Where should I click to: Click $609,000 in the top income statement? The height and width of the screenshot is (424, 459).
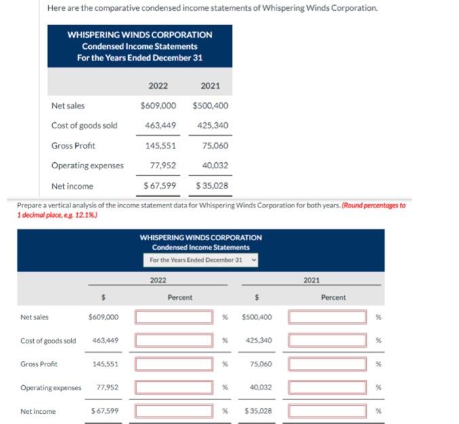coord(158,106)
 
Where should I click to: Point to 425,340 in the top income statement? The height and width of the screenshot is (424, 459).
coord(212,126)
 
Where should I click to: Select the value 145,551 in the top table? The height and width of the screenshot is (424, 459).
coord(161,146)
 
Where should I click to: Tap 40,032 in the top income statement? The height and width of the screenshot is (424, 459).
coord(215,166)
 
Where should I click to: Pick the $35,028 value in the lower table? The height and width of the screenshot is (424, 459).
coord(257,411)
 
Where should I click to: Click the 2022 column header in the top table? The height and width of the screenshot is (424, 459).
coord(158,86)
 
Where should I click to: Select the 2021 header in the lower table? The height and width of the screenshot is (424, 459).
coord(312,279)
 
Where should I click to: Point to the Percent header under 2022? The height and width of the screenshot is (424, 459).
coord(180,297)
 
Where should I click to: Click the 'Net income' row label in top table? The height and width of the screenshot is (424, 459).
coord(73,186)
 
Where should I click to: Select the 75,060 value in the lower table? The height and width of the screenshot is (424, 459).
coord(260,364)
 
